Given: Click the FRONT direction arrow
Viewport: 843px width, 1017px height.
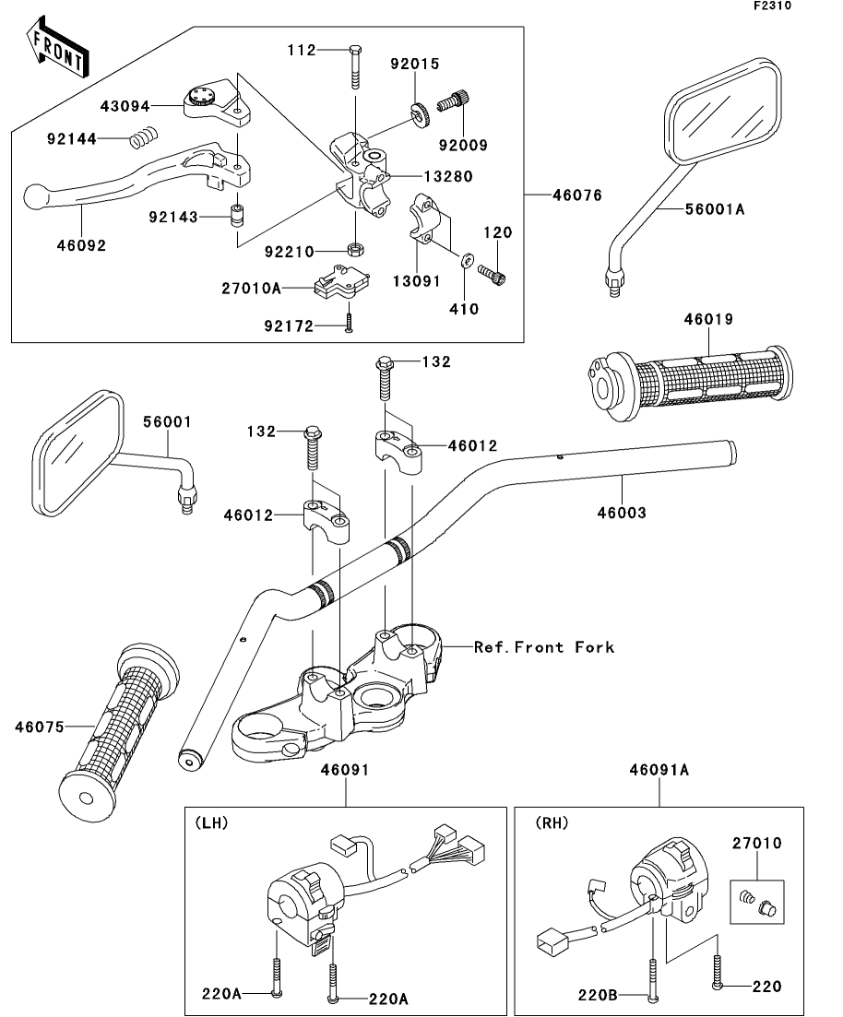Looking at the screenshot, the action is [x=58, y=48].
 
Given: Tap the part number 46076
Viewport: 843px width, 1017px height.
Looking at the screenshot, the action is [x=577, y=195].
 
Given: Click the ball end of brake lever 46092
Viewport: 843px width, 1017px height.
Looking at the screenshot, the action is [x=34, y=196].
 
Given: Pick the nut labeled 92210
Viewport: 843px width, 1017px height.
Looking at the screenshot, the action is [x=356, y=250].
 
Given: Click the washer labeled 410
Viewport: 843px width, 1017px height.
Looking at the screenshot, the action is [x=466, y=260].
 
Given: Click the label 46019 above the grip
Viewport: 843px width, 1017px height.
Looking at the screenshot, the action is [x=708, y=319].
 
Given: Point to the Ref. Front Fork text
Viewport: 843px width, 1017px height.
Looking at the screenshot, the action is [x=544, y=646].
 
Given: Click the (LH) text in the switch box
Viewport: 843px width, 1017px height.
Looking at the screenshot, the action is [x=211, y=822].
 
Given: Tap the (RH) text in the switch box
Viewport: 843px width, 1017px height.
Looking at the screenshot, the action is [x=552, y=822].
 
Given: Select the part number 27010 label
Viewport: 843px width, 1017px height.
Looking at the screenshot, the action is [x=757, y=843].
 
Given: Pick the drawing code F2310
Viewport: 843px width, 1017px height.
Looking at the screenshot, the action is [x=772, y=6].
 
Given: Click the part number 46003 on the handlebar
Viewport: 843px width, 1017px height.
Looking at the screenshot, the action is [x=622, y=513].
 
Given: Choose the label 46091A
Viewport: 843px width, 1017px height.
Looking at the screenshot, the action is [x=659, y=770].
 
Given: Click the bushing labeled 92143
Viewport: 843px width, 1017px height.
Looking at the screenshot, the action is [x=238, y=216].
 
